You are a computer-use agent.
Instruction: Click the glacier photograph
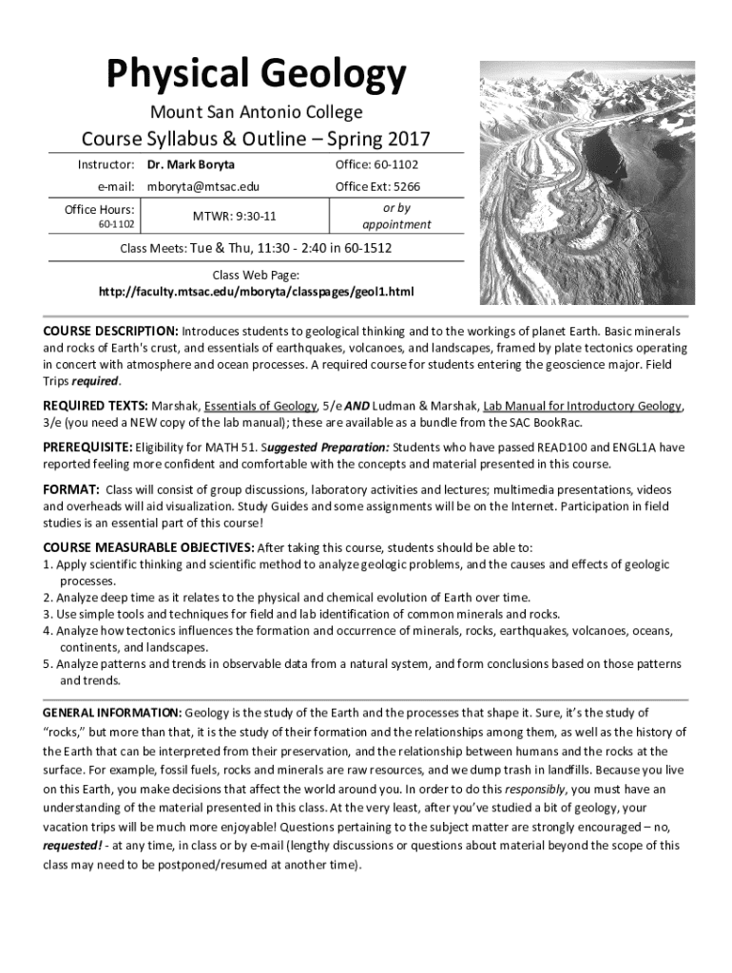pos(587,182)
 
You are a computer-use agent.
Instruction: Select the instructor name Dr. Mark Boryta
pos(190,165)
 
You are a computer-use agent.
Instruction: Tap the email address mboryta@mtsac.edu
pos(202,187)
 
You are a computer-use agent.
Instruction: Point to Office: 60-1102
pos(376,165)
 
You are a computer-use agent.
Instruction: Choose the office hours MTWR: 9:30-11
pos(235,217)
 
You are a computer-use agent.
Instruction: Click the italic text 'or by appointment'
pos(396,216)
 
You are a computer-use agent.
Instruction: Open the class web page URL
pos(257,291)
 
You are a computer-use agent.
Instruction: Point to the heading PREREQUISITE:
pos(87,447)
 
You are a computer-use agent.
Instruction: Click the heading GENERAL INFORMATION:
pos(112,713)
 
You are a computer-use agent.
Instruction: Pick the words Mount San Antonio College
pos(256,112)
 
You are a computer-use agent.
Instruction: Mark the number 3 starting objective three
pos(47,614)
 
